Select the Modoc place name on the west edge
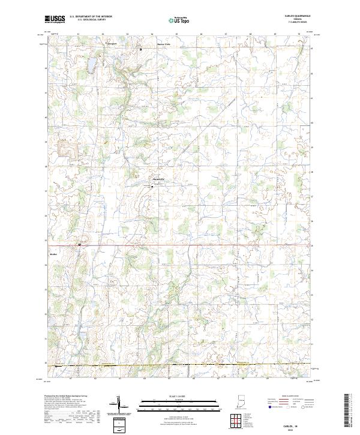click(x=52, y=253)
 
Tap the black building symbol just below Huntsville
click(x=152, y=186)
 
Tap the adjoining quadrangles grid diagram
click(x=236, y=419)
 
